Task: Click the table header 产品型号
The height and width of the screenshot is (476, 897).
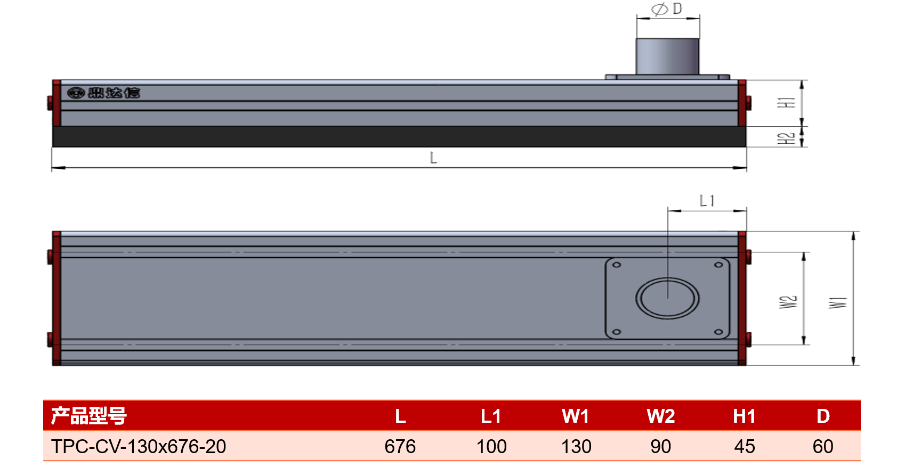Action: point(89,416)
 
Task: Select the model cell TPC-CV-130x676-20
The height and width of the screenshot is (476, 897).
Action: point(139,446)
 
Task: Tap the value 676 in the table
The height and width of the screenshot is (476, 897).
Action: point(400,446)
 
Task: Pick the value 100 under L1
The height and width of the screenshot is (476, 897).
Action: point(491,446)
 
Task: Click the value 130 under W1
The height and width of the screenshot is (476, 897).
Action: point(576,446)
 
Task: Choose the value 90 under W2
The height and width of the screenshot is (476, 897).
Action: point(660,446)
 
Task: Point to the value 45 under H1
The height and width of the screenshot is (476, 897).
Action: point(745,446)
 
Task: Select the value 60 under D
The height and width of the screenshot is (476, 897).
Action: point(823,446)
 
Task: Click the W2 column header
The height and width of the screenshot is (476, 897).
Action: point(661,416)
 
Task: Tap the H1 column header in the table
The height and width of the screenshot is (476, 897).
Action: point(745,416)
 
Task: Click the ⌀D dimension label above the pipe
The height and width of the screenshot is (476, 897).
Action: point(667,9)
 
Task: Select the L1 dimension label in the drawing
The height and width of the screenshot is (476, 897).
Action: point(707,201)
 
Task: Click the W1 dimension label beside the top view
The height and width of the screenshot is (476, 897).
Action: point(838,302)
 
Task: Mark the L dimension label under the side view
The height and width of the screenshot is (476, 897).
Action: point(433,158)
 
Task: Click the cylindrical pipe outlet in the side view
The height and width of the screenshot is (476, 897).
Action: point(667,56)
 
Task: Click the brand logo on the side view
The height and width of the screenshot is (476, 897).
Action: point(104,93)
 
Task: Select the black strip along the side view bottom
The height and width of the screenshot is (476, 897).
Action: point(399,137)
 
